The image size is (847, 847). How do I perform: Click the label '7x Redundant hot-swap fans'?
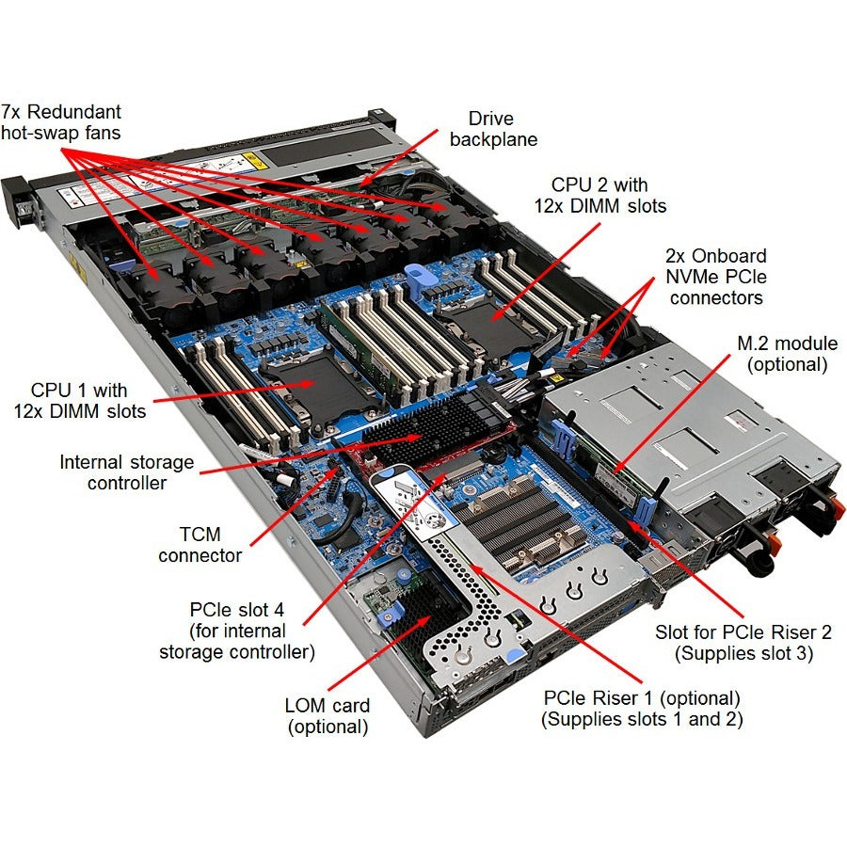tap(61, 122)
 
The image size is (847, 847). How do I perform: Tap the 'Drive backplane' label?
tap(493, 129)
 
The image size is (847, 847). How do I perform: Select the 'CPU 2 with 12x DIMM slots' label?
tap(599, 196)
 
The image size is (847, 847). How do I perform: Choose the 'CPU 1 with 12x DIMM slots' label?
tap(79, 400)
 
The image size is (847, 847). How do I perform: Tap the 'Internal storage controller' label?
tap(127, 472)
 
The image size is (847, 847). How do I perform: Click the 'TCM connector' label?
tap(200, 545)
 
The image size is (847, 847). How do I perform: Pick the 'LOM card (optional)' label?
tap(327, 715)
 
